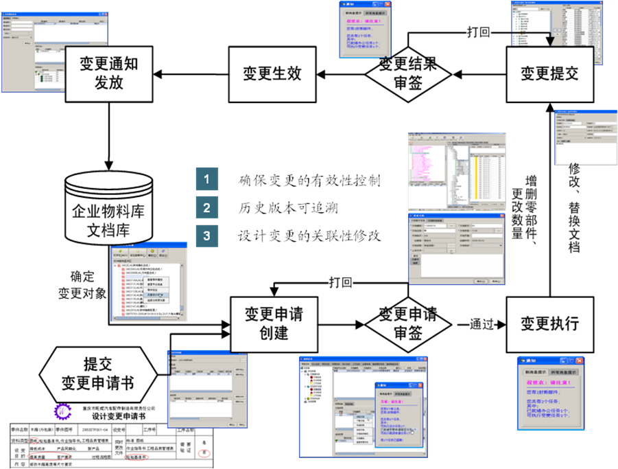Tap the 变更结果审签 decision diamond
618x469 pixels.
pos(407,73)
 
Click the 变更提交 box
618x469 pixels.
pos(549,73)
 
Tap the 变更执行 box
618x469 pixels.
pos(549,323)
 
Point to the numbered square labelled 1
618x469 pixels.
pos(206,180)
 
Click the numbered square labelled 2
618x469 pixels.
pos(206,207)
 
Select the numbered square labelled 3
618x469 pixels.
pos(206,235)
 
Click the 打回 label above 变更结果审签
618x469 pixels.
pos(478,32)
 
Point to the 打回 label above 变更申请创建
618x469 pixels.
pos(340,282)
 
